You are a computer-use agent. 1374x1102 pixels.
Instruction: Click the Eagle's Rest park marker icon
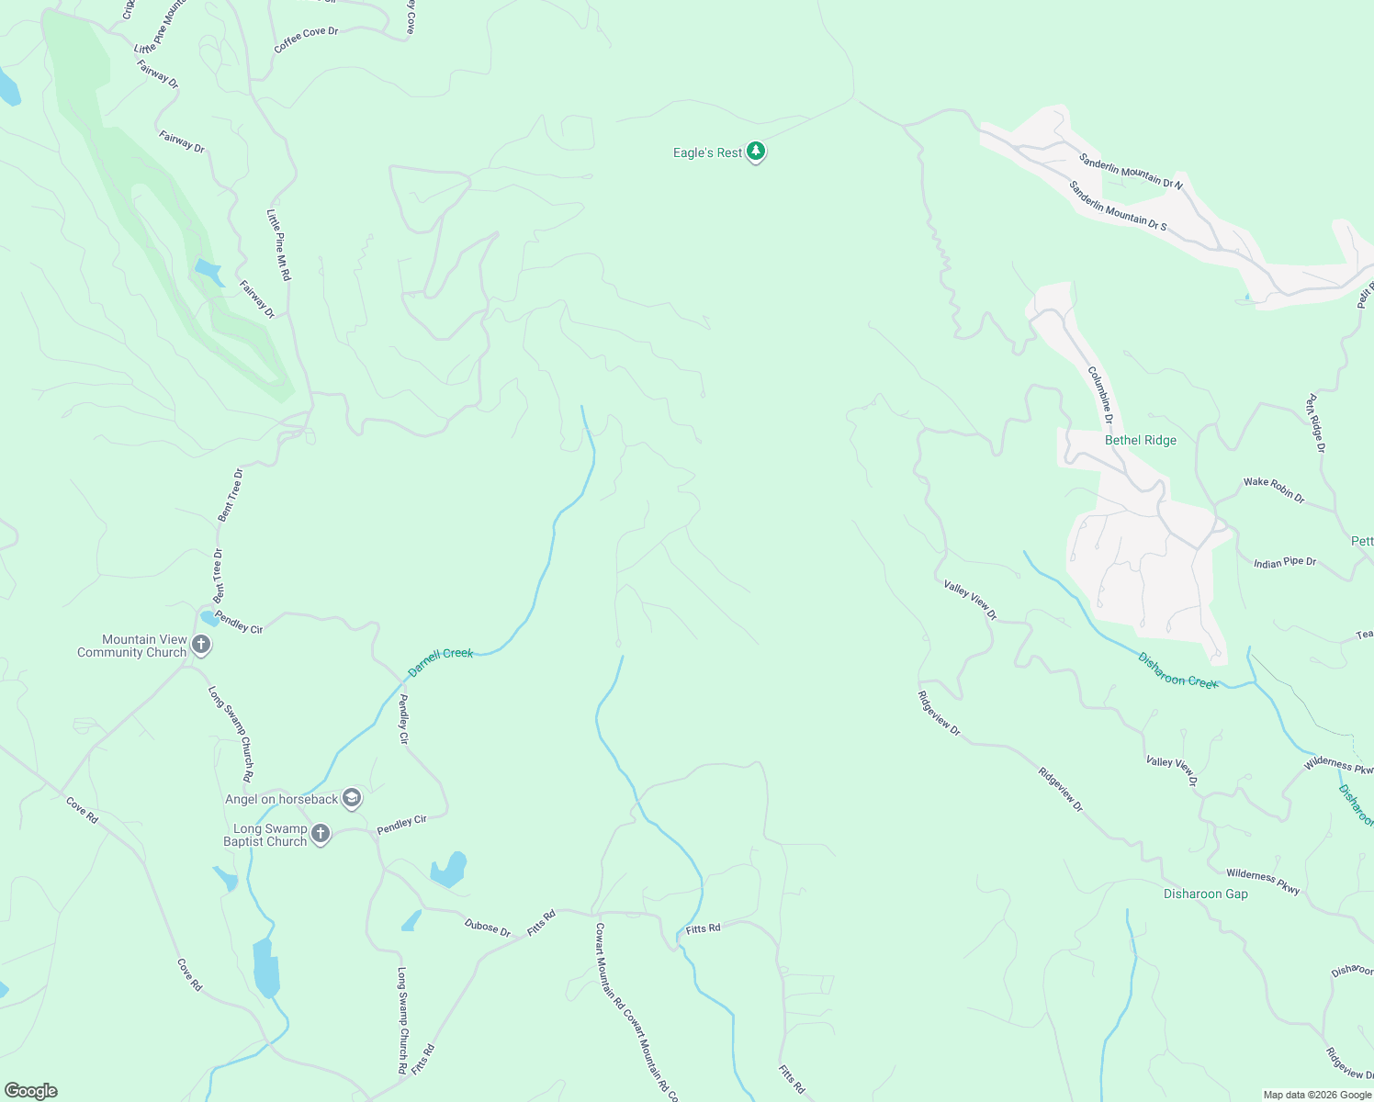tap(756, 152)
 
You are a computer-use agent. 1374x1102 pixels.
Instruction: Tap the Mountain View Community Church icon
tap(202, 646)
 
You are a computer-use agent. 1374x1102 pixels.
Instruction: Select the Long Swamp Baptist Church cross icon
tap(320, 834)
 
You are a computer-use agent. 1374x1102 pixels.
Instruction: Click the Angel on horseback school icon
tap(352, 798)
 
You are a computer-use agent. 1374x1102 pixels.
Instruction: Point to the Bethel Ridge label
tap(1140, 441)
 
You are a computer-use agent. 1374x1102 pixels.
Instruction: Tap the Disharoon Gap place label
tap(1205, 894)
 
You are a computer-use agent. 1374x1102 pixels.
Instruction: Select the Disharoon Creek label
tap(1178, 670)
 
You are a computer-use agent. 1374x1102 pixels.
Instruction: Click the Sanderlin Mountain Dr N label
tap(1131, 172)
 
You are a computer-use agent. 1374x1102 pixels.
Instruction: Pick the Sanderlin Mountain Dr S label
tap(1118, 206)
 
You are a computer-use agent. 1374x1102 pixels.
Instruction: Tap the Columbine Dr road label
tap(1101, 395)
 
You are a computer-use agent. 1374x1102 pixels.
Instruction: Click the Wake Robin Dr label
tap(1274, 489)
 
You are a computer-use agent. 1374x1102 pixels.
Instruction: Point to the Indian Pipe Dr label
tap(1285, 562)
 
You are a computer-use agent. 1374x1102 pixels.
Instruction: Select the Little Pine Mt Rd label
tap(279, 245)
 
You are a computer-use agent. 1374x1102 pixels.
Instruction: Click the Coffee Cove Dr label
tap(306, 39)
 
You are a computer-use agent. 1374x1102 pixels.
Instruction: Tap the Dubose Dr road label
tap(487, 928)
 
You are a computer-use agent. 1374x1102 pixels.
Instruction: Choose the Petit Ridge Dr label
tap(1316, 423)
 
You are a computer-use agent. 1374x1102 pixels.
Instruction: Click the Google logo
tap(31, 1091)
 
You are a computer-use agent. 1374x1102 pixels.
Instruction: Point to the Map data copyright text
tap(1317, 1095)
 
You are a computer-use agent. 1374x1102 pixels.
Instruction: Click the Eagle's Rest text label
tap(707, 152)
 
